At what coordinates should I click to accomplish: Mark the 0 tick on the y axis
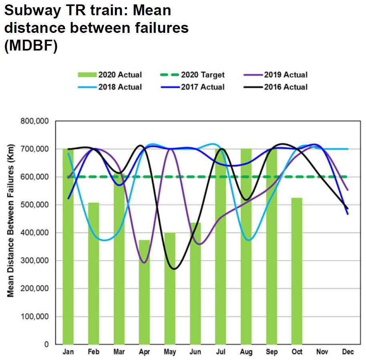[x=46, y=344]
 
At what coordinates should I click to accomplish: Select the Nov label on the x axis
[x=322, y=352]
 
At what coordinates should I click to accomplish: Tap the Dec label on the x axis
[x=348, y=352]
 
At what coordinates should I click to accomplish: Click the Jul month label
[x=220, y=352]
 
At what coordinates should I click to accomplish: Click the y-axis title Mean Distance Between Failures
[x=11, y=233]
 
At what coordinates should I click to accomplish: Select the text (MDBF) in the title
[x=31, y=45]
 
